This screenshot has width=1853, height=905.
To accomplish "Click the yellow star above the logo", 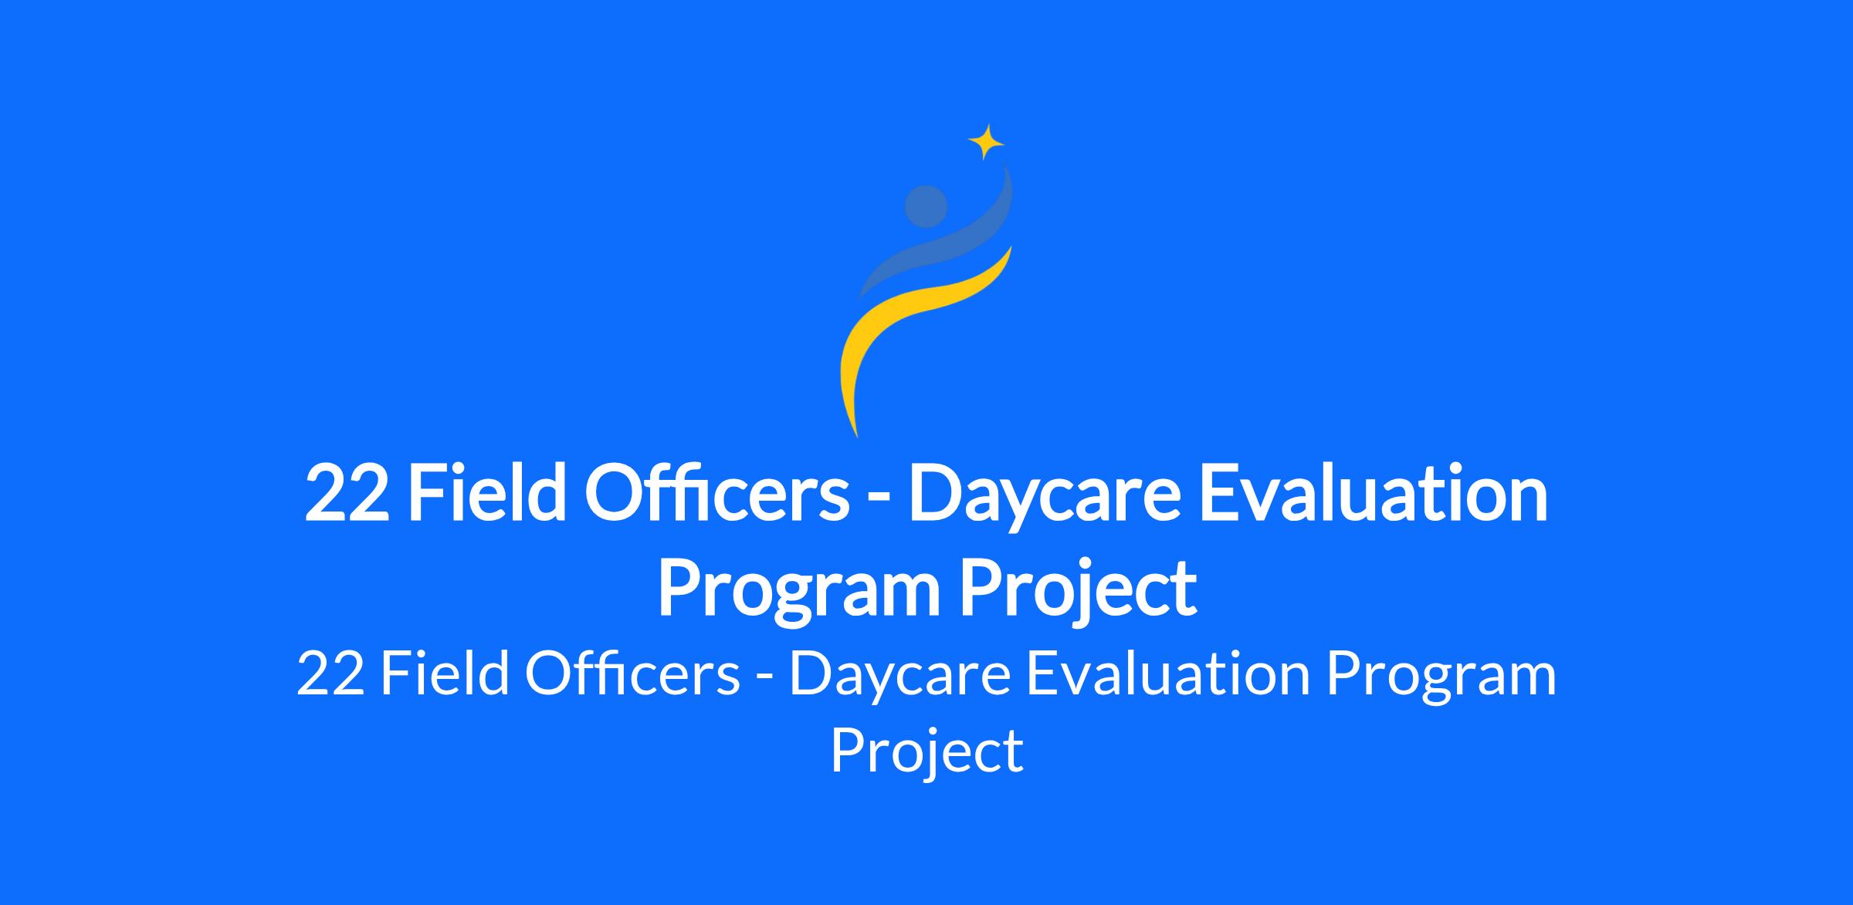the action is pos(986,142).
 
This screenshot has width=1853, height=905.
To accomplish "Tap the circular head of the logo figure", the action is pos(926,206).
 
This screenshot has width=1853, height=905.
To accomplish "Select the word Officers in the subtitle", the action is pos(632,673).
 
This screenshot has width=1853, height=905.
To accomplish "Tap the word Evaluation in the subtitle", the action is pos(1168,673).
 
